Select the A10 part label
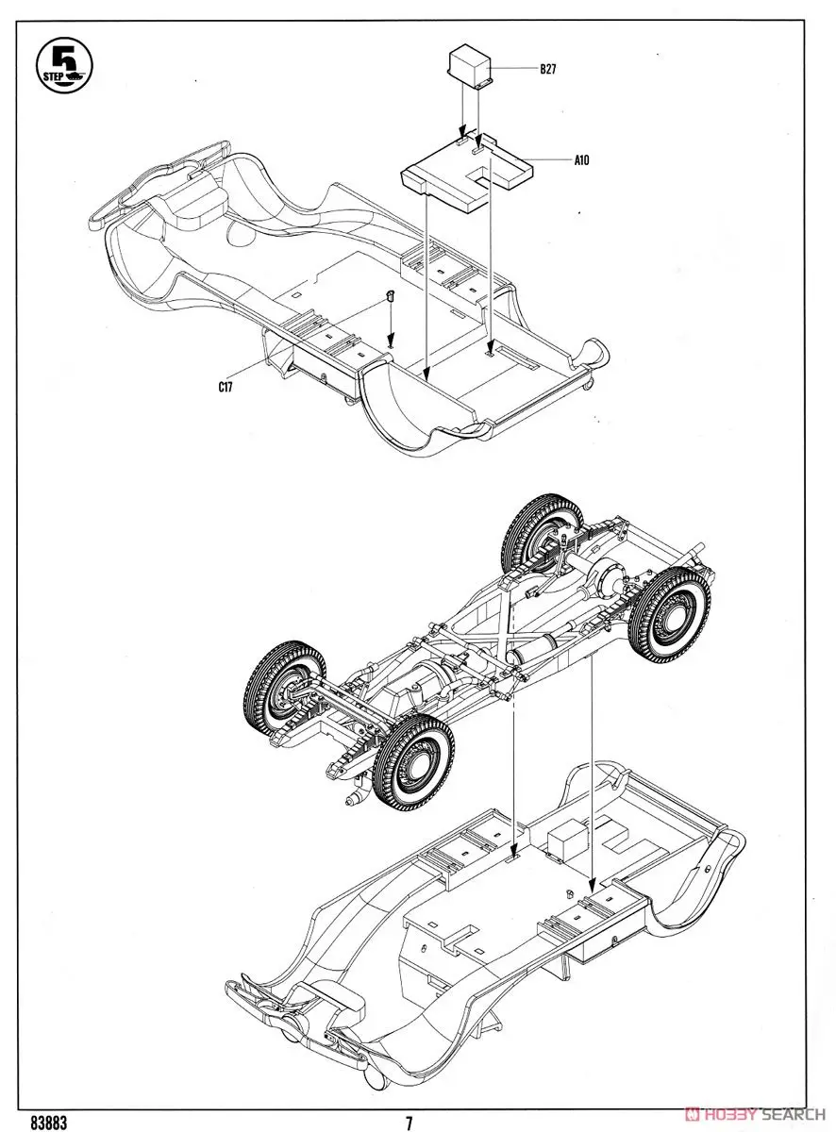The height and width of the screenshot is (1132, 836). [x=581, y=160]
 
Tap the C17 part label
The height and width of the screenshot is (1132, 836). [x=226, y=385]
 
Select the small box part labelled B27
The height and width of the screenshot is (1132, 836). [x=471, y=67]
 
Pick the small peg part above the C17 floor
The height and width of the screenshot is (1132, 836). [x=390, y=299]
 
